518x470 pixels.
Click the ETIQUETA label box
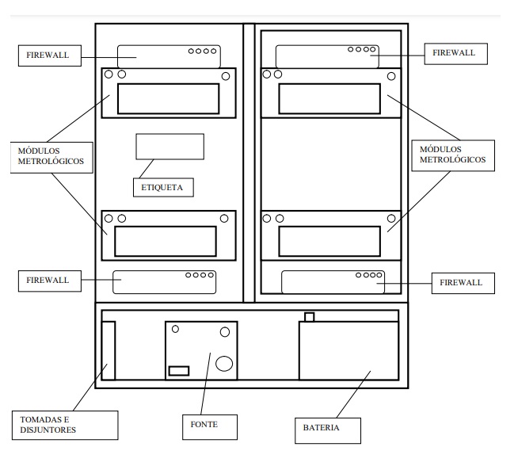163,187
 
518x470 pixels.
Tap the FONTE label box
210,427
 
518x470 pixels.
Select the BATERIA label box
328,430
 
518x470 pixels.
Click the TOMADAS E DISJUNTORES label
65,425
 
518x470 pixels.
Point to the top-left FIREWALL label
50,55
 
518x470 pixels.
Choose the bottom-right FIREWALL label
463,283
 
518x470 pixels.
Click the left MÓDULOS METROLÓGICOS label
51,158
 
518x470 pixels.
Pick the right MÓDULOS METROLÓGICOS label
453,155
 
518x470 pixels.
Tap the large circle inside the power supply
224,364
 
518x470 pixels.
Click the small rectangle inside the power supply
179,371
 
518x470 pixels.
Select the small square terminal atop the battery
309,317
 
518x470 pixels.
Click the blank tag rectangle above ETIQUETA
169,147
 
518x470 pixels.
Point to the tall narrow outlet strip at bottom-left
108,350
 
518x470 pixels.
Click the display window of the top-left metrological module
168,99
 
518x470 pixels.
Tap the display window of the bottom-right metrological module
329,241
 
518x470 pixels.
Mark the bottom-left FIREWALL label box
50,281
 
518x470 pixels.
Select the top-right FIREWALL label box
455,54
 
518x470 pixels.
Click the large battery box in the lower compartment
349,350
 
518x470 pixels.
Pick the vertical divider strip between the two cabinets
249,162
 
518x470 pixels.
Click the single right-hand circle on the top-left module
226,76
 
